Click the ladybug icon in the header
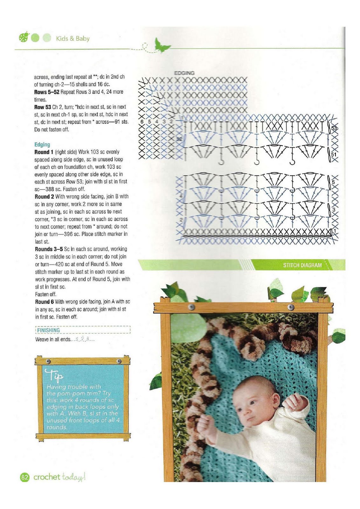24,38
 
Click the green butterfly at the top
162,45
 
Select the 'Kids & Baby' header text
73,38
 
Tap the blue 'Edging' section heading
42,144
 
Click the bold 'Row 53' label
43,107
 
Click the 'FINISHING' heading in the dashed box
48,330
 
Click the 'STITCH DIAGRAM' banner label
302,265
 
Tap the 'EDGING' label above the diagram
184,73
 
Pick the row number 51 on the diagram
334,154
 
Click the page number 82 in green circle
24,477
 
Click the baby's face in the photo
251,404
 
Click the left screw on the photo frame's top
191,307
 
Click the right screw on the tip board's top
119,361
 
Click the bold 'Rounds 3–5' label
49,249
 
